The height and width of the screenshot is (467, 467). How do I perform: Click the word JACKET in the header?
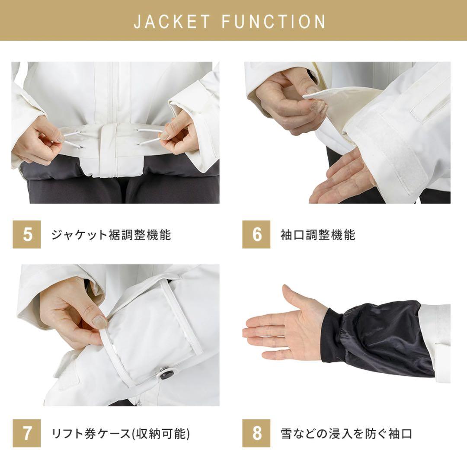(172, 22)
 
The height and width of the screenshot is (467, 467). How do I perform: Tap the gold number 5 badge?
(27, 235)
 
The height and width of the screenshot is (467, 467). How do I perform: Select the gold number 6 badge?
(256, 235)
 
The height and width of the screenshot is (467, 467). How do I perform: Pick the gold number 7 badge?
(27, 433)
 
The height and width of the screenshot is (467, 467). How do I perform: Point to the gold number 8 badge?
(256, 433)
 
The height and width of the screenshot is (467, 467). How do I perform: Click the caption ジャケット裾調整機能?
(111, 235)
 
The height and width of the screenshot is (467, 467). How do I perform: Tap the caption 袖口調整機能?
(318, 235)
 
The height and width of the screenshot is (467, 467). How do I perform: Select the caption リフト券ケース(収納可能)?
(121, 433)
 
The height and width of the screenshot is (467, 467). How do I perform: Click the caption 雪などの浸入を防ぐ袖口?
(346, 433)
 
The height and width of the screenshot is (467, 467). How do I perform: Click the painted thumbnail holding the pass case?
(99, 321)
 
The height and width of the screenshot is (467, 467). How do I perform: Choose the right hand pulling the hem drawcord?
(179, 138)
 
